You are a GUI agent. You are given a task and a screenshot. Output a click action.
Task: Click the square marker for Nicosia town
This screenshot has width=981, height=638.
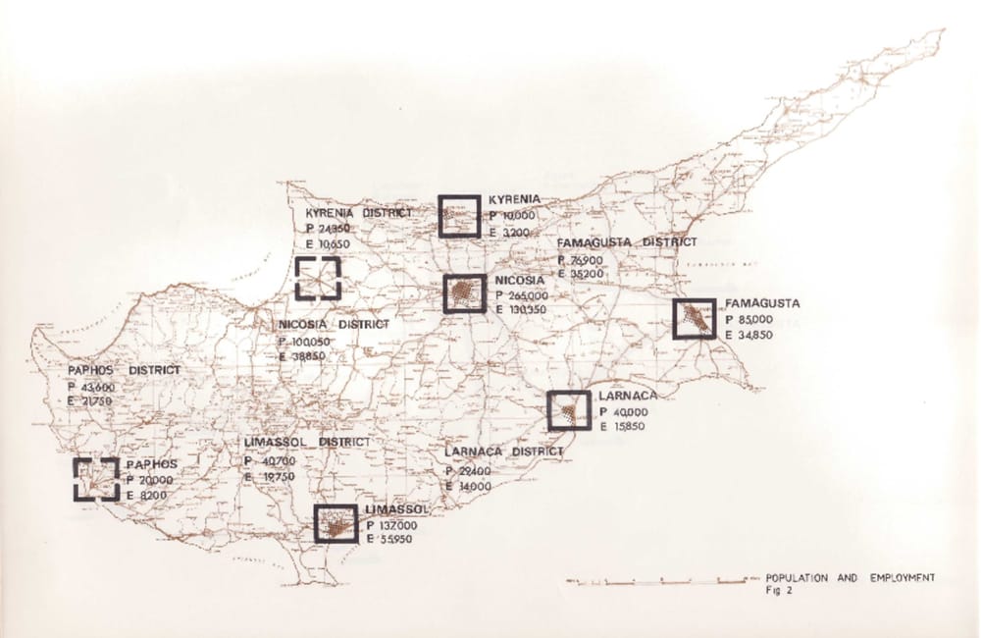(x=464, y=293)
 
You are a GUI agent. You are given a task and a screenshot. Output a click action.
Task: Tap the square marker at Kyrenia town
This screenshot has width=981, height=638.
(x=459, y=216)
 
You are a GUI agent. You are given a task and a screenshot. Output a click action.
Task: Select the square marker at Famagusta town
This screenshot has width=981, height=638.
(x=695, y=318)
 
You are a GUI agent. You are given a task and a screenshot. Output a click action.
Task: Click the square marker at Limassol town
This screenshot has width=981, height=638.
(x=336, y=523)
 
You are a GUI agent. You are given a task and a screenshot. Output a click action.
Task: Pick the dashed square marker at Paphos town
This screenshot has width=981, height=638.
(x=96, y=479)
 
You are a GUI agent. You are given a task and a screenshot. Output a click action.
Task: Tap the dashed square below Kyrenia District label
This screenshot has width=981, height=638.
(x=318, y=279)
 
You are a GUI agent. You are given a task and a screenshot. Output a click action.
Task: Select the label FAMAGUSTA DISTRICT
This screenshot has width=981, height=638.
(x=626, y=241)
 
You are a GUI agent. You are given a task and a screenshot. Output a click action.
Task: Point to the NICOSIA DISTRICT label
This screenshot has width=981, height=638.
(x=334, y=324)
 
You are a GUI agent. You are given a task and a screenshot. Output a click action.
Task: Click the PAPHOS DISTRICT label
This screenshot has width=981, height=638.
(x=124, y=370)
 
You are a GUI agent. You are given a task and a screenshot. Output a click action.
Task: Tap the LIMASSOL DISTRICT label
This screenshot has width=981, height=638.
(x=307, y=443)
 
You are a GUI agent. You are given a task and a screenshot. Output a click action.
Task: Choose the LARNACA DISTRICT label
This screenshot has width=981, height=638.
(x=503, y=452)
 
